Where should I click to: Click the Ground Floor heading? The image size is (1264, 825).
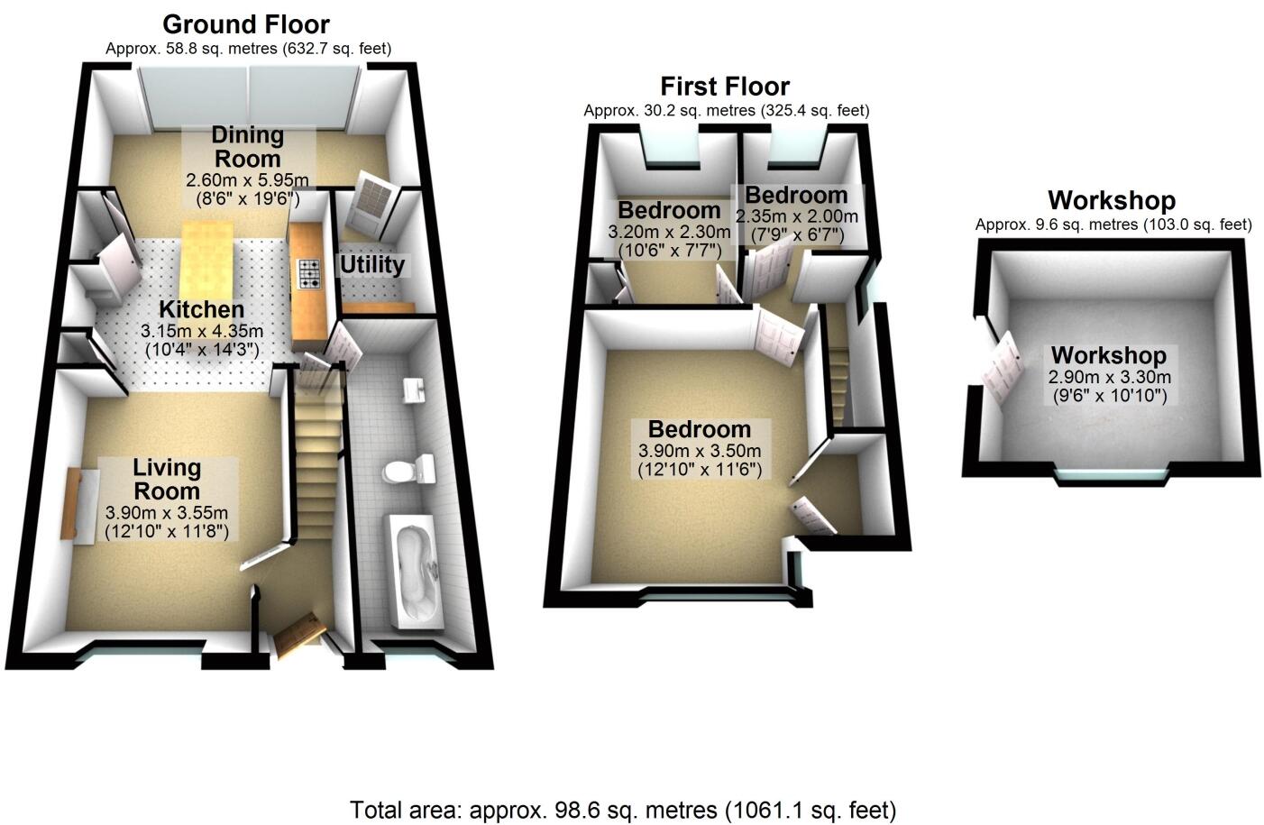click(246, 24)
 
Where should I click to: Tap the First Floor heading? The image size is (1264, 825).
click(725, 87)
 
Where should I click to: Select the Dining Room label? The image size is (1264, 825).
click(247, 147)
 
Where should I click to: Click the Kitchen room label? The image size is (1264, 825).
click(202, 309)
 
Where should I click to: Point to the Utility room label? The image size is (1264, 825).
click(371, 265)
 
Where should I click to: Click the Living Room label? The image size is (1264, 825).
click(167, 479)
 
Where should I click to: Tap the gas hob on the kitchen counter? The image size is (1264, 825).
click(309, 272)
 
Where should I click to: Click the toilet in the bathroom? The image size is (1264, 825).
click(408, 470)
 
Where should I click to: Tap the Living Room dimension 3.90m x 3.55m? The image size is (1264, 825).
click(167, 513)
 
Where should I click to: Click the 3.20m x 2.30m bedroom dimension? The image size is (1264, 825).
click(669, 232)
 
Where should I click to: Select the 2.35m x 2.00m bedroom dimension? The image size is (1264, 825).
click(797, 217)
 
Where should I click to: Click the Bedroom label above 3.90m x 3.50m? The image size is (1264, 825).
click(699, 430)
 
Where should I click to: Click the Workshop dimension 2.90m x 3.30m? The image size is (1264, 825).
click(1109, 378)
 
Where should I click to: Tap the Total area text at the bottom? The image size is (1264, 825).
click(623, 809)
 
